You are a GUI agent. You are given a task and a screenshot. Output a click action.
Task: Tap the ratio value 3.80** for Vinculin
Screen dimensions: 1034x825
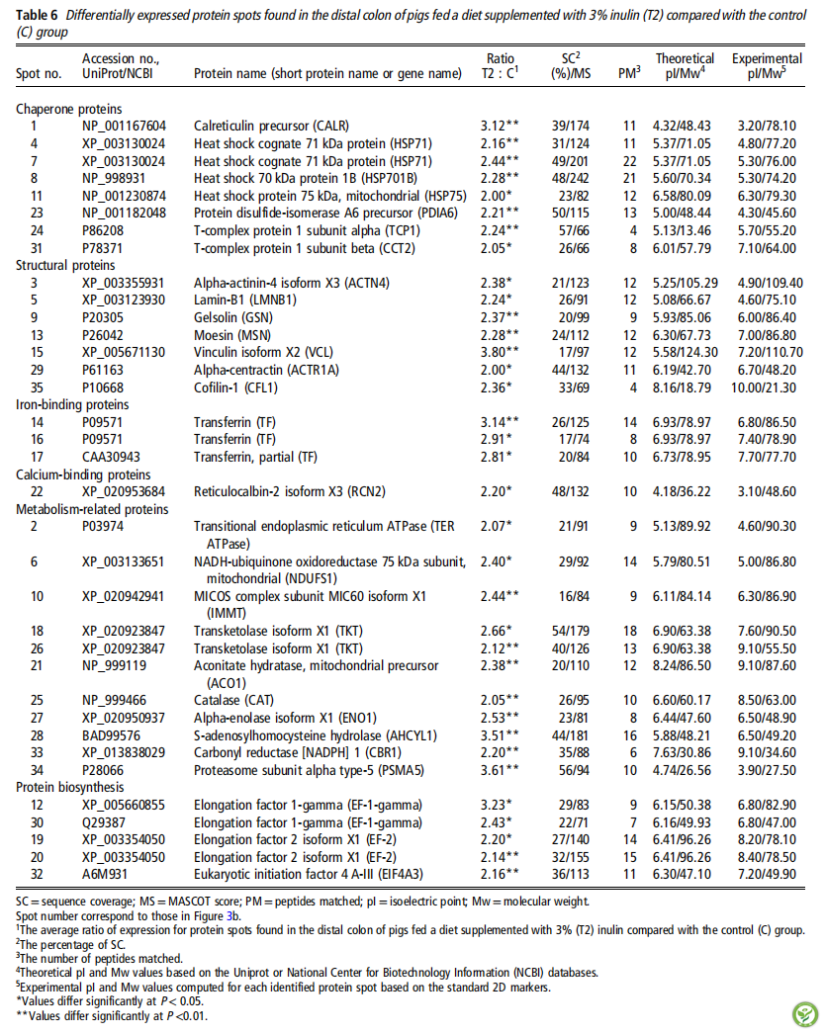pos(502,352)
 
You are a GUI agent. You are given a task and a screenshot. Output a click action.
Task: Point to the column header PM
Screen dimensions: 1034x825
pos(626,73)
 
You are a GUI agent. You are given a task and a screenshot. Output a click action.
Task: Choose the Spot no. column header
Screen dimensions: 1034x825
pos(39,73)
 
